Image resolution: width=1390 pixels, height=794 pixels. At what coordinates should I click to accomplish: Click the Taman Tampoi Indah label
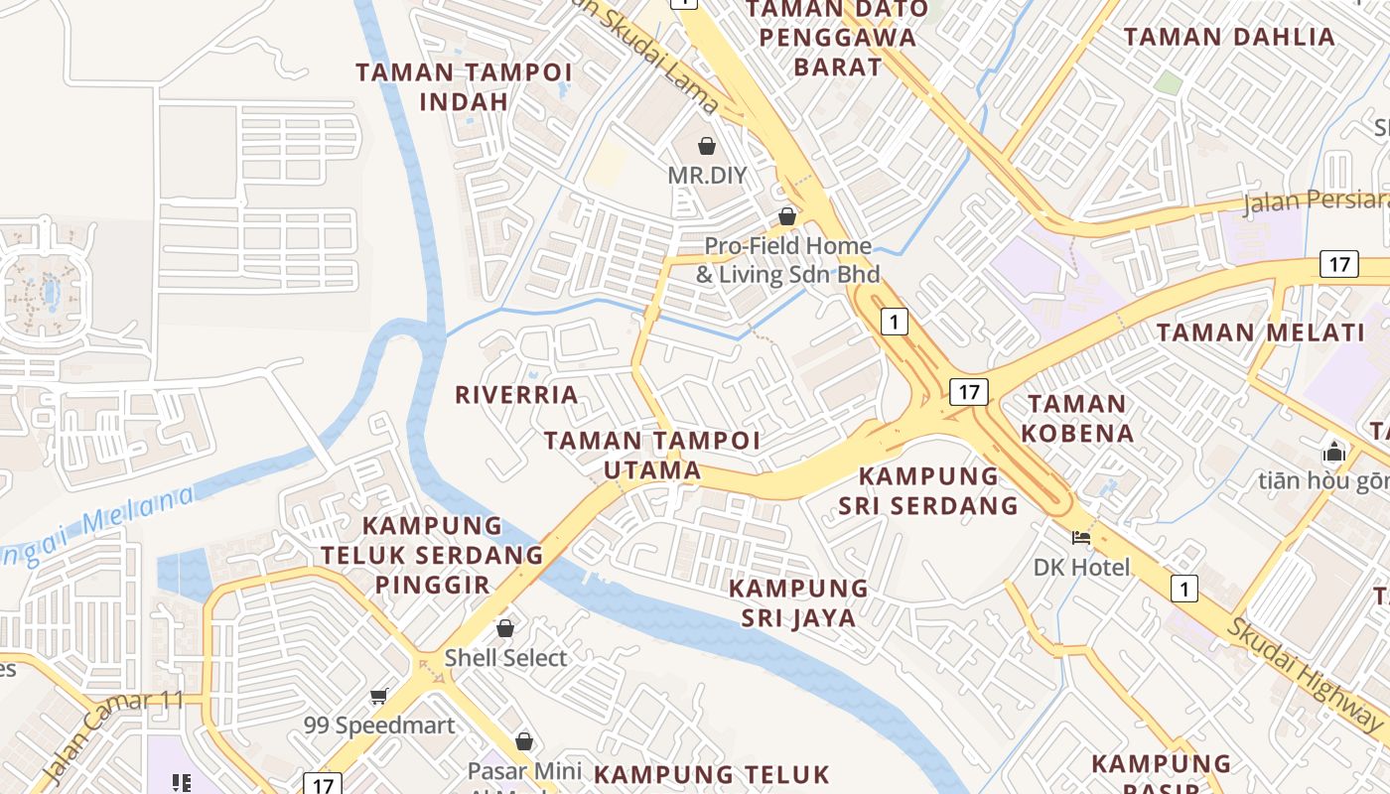464,86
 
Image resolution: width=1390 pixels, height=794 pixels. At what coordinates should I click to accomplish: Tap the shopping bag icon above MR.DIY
707,147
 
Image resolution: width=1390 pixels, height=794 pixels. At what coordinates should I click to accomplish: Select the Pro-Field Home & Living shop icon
787,215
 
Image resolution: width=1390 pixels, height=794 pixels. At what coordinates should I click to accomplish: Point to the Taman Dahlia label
1229,38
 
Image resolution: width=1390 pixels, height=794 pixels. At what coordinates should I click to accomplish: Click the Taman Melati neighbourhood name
1261,332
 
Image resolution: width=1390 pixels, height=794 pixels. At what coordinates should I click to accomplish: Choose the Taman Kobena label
1077,418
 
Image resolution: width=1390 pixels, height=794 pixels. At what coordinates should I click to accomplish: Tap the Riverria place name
516,395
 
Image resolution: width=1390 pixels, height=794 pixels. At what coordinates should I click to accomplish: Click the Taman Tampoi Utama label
652,455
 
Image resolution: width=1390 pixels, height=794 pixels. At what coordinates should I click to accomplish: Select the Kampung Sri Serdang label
928,490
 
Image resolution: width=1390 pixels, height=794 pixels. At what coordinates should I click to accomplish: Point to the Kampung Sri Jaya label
798,602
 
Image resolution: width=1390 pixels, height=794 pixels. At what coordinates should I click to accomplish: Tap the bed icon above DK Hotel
1081,538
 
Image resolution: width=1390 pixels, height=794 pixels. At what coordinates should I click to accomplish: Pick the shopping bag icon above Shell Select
505,628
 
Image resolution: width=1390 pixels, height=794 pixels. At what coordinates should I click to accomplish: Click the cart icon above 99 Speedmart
378,697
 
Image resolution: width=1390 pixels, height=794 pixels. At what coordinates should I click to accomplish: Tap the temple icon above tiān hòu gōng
1333,453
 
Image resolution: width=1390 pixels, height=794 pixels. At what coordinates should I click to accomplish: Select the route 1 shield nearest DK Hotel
1182,589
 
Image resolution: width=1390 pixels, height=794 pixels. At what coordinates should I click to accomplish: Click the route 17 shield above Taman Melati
1339,264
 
